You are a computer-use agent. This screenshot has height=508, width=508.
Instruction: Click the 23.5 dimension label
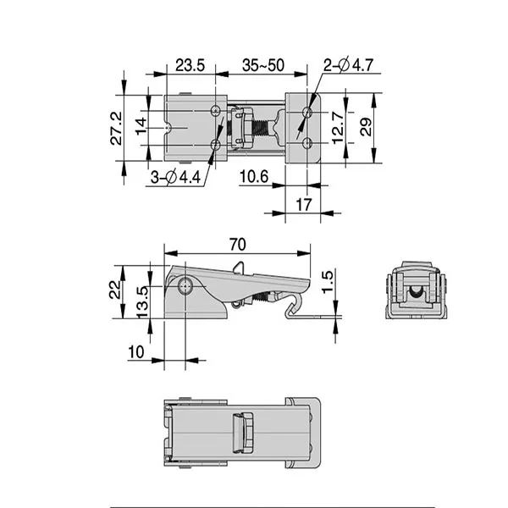coord(190,66)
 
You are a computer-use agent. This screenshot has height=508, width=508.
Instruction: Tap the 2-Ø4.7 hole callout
coord(348,66)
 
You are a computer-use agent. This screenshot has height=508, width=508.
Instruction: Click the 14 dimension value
coord(142,128)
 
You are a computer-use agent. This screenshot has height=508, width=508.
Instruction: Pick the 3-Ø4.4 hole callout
coord(177,178)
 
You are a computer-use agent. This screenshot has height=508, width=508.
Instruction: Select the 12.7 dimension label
coord(338,128)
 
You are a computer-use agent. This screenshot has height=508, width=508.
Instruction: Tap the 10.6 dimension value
coord(253,176)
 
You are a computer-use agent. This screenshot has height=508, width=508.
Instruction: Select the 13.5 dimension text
coord(144,300)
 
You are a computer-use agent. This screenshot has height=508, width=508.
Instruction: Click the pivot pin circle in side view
coord(186,288)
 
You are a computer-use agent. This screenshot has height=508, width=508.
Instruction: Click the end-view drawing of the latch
coord(415,289)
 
